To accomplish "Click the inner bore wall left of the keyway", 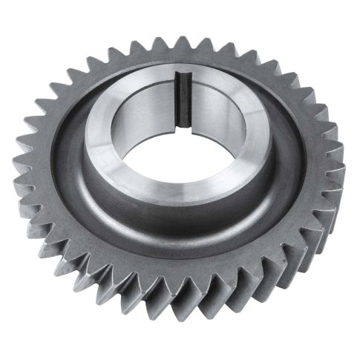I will [x=152, y=104].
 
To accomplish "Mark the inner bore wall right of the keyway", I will [x=212, y=104].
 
